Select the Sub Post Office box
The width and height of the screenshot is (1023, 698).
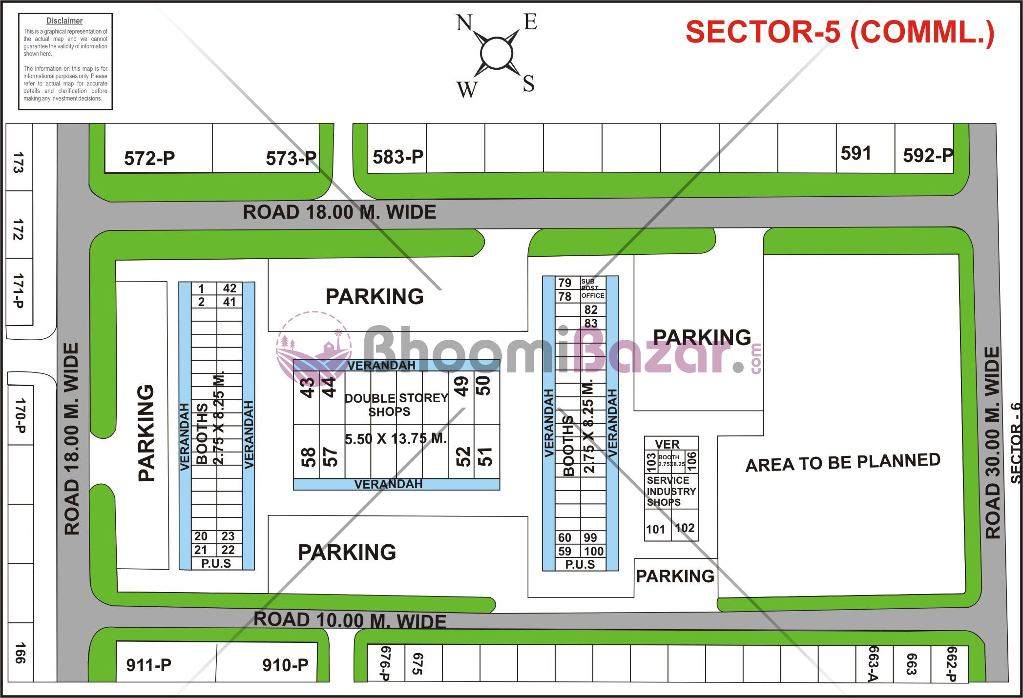click(x=593, y=288)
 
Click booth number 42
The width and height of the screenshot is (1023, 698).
click(x=230, y=288)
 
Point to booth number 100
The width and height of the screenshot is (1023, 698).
click(x=594, y=552)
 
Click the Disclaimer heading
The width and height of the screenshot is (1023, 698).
click(x=64, y=21)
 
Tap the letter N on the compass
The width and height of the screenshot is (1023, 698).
click(x=464, y=22)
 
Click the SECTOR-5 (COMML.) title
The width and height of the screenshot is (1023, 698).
click(x=840, y=32)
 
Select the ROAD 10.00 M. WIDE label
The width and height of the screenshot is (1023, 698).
click(x=350, y=620)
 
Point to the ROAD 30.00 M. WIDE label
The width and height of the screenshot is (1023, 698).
click(x=992, y=443)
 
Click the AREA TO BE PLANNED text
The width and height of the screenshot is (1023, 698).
click(x=843, y=462)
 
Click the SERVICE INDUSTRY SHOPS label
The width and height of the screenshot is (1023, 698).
click(x=671, y=491)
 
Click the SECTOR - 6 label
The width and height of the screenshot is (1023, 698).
click(x=1016, y=443)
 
